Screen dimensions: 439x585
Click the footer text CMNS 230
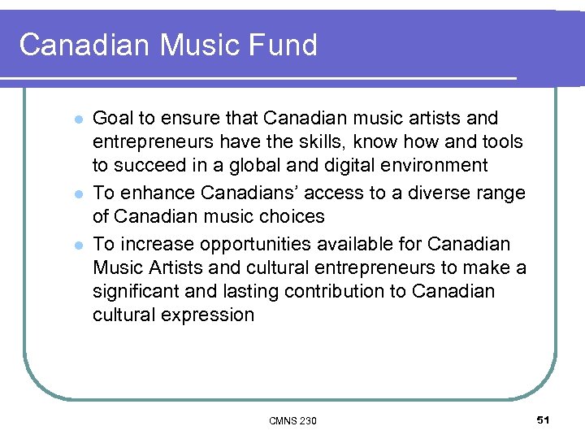(292, 420)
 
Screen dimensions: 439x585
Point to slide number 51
(544, 419)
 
